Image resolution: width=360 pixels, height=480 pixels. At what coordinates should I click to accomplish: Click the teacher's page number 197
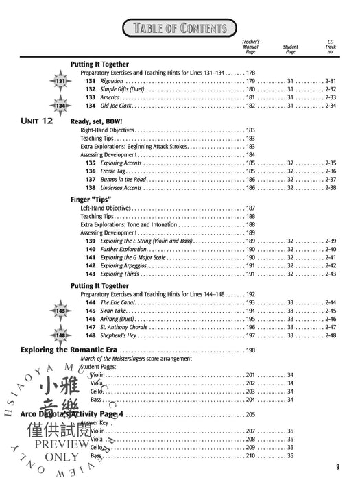[250, 335]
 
